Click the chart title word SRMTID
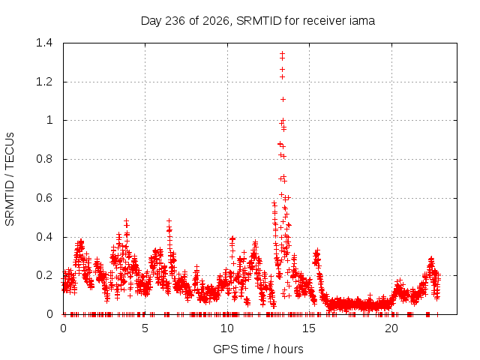click(259, 21)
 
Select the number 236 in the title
click(175, 21)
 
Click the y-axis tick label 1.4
click(44, 43)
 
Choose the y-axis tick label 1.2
click(44, 82)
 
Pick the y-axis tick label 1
click(49, 120)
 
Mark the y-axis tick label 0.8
click(44, 159)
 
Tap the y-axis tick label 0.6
click(44, 198)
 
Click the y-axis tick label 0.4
click(44, 237)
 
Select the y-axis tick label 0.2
click(44, 275)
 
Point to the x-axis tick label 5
click(145, 328)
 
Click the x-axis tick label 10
click(227, 328)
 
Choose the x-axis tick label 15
click(309, 328)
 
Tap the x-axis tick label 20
click(391, 328)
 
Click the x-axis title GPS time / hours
click(258, 349)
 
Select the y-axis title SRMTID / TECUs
click(10, 179)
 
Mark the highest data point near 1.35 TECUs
click(282, 53)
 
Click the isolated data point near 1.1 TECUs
click(283, 99)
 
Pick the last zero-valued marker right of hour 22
click(437, 314)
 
